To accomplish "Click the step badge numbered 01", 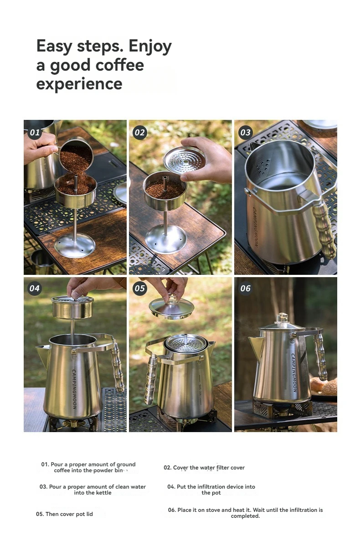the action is coord(35,132).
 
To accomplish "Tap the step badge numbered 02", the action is coord(140,132).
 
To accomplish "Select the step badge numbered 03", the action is coord(245,132).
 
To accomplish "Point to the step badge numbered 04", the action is coord(35,288).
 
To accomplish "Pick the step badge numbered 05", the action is coord(140,288).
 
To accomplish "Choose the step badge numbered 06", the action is coord(245,288).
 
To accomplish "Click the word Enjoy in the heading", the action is coord(150,46).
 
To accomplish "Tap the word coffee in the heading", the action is coord(119,65).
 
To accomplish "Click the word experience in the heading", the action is coord(79,84).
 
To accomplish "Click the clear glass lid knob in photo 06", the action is coord(283,318).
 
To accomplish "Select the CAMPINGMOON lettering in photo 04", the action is coord(74,389).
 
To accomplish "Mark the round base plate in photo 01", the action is coord(75,247).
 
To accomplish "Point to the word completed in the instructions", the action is coord(245,516).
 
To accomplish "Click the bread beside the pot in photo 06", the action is coord(324,386).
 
